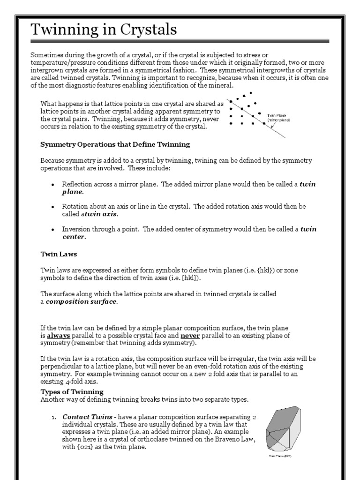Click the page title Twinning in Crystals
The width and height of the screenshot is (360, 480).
(x=104, y=30)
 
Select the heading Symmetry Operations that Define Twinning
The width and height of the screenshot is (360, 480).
(x=115, y=144)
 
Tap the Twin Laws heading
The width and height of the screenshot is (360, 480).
(x=59, y=254)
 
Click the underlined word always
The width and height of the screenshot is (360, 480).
(x=59, y=336)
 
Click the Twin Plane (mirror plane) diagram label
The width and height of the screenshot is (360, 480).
(x=279, y=117)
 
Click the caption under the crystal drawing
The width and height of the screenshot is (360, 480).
(x=283, y=456)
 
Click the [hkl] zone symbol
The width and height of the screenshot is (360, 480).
(x=191, y=278)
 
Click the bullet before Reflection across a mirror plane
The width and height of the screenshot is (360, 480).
(x=53, y=184)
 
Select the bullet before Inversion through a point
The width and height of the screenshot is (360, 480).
(x=53, y=229)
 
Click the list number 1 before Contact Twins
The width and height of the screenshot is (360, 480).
(x=54, y=417)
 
